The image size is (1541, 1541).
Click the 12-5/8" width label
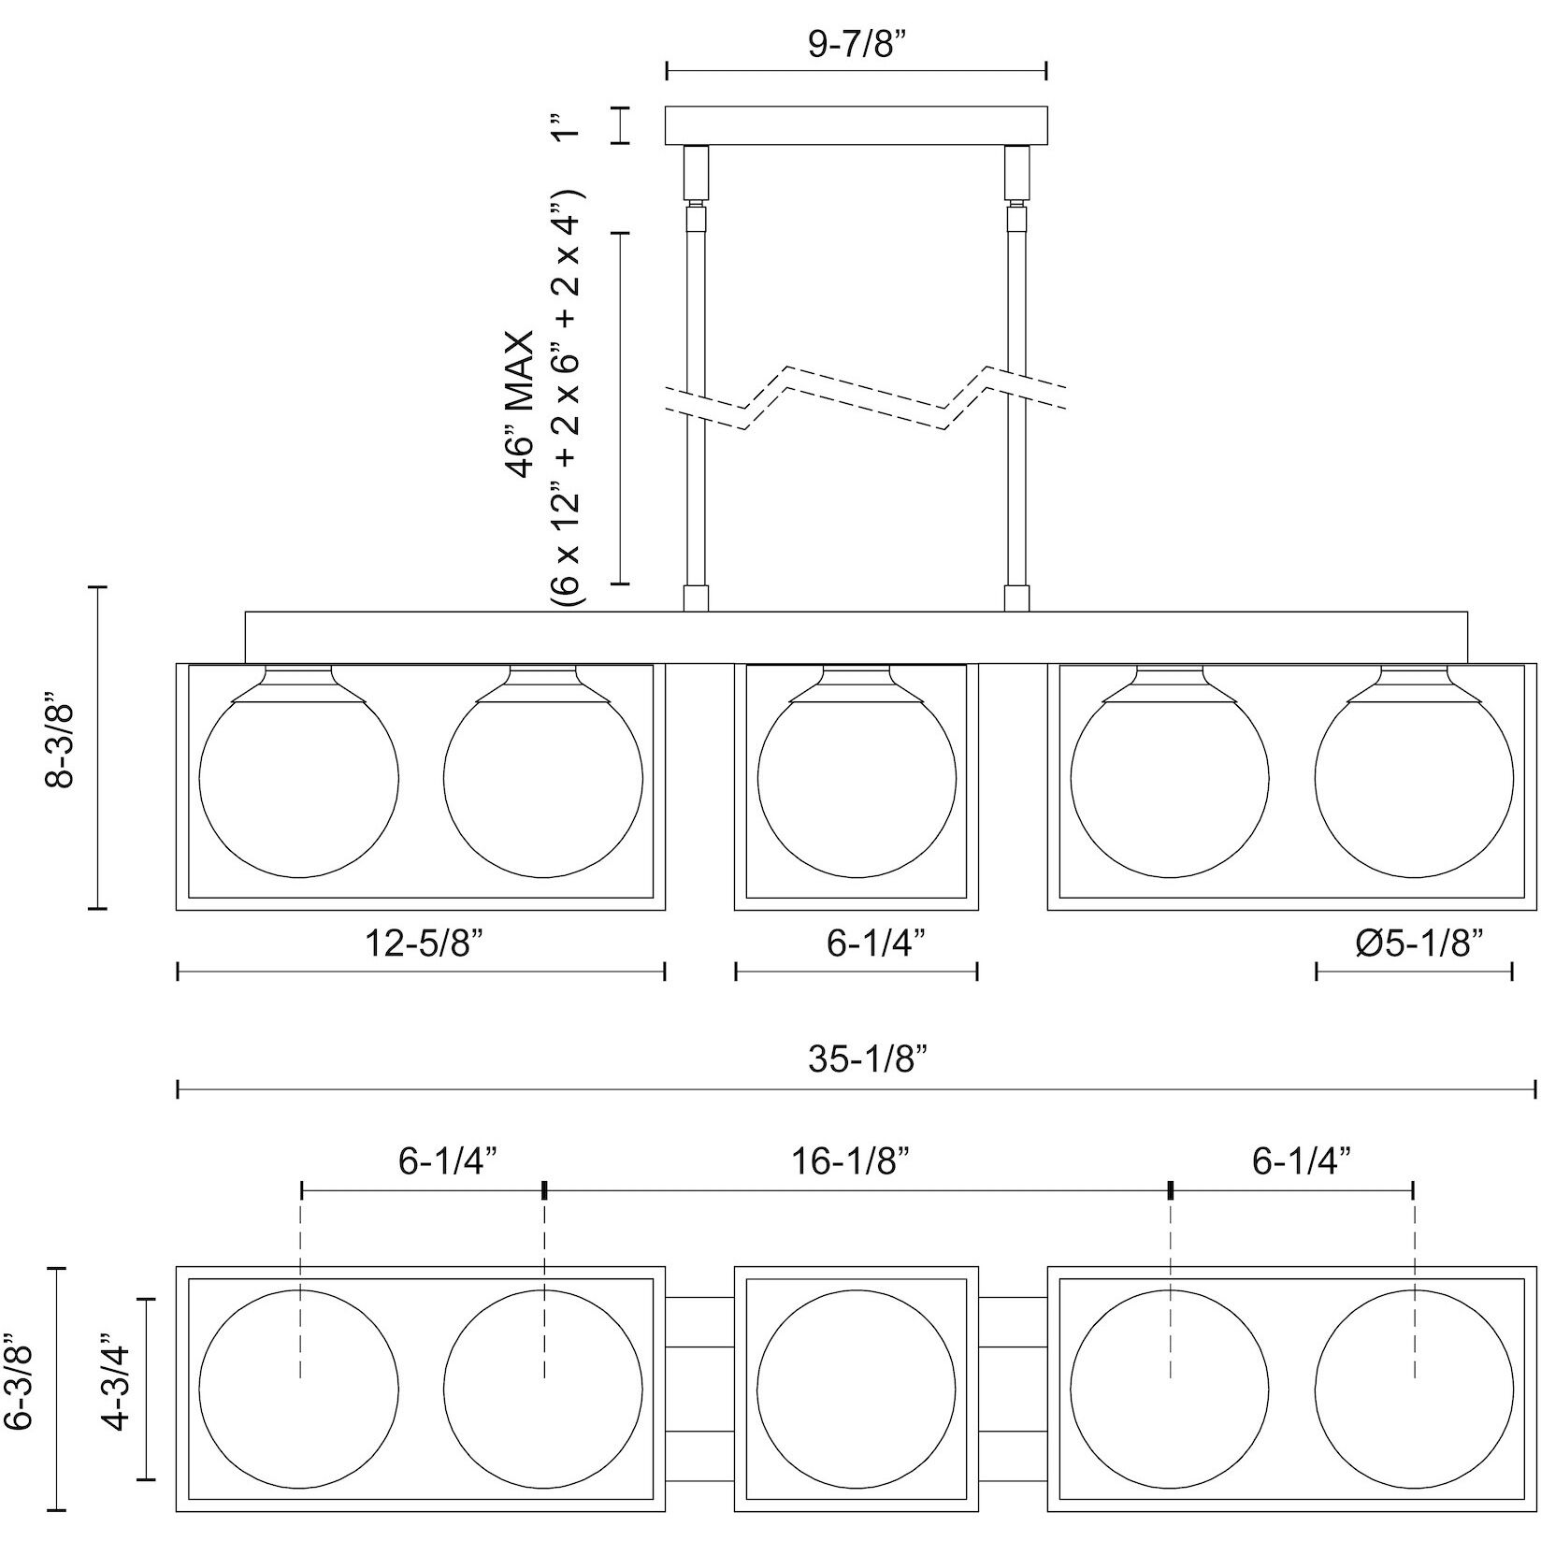[x=421, y=943]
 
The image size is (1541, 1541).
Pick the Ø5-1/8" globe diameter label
[x=1419, y=943]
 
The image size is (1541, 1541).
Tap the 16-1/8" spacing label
[x=851, y=1161]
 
